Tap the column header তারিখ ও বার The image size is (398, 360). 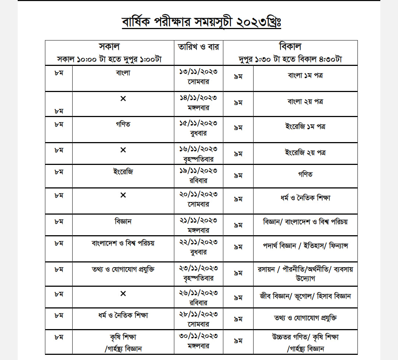[199, 47]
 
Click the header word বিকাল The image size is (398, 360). [290, 47]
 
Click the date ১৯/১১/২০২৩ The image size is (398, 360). [199, 171]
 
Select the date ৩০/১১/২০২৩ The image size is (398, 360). [199, 336]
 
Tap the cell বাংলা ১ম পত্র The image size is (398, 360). [306, 75]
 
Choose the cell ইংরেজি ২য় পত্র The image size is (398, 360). [306, 152]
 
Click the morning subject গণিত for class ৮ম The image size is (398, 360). [123, 124]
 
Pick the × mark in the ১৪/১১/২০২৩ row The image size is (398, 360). [123, 99]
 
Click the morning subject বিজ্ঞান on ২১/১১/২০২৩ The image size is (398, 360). [123, 222]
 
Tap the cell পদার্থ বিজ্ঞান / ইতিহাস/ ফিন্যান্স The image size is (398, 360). [306, 246]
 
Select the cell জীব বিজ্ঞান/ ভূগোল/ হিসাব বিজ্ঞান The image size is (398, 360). [306, 296]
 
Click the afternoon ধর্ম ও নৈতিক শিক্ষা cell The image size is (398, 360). [306, 198]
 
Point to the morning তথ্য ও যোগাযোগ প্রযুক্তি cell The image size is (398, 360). [123, 269]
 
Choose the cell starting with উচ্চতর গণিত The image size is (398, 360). [306, 337]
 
